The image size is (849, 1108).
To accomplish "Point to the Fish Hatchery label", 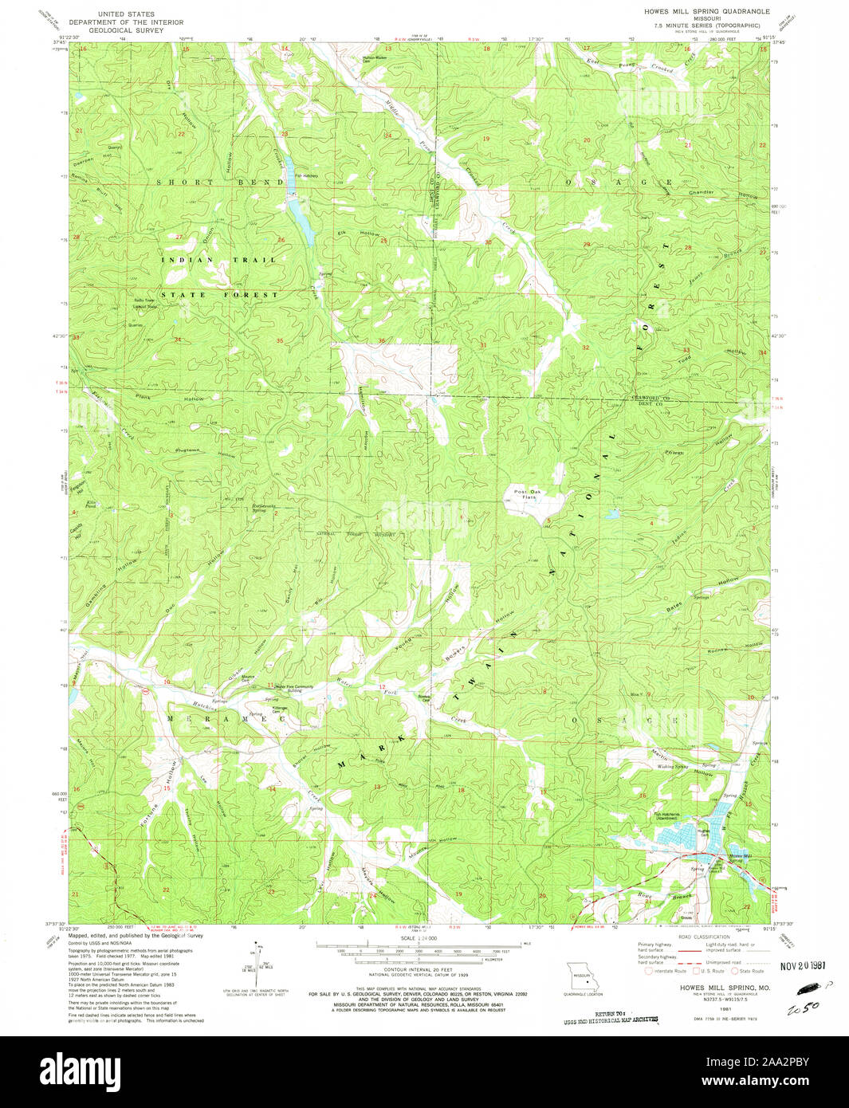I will tap(308, 176).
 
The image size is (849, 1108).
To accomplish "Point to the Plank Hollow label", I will tap(169, 397).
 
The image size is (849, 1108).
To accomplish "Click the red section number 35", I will tap(280, 340).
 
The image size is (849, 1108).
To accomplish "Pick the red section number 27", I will tap(179, 237).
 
